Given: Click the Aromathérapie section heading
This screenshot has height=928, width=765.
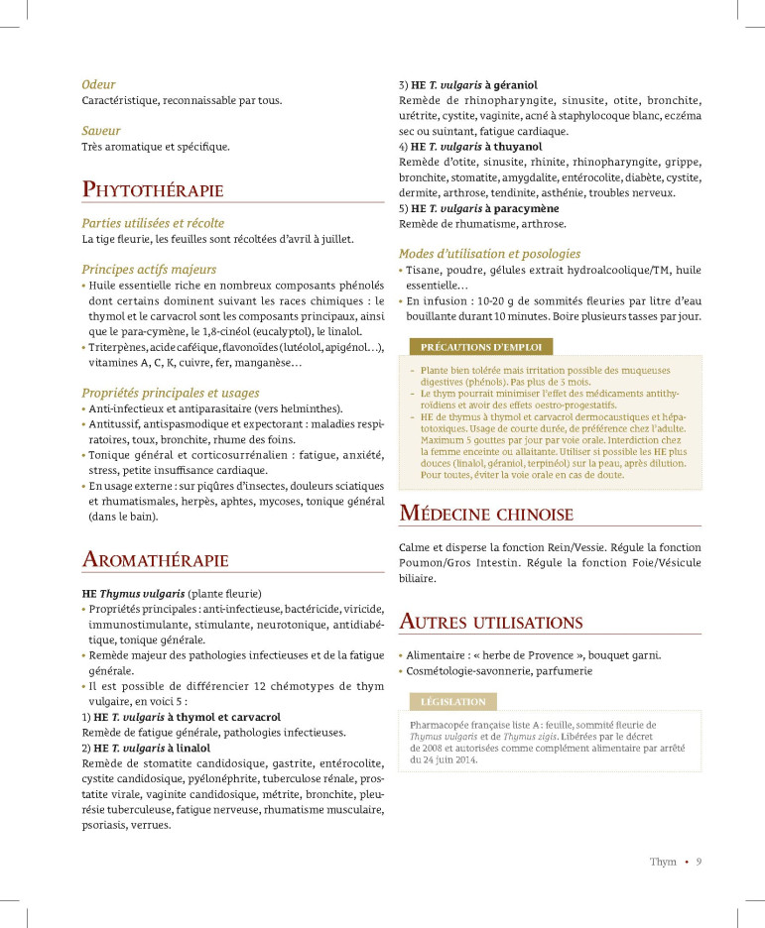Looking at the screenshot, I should click(x=156, y=560).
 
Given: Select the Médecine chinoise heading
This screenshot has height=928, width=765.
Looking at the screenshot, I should click(x=486, y=514).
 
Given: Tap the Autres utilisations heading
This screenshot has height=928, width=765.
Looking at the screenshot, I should click(x=490, y=623).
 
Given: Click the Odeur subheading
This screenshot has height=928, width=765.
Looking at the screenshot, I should click(x=98, y=84).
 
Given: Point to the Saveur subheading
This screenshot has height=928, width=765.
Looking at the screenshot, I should click(x=101, y=130).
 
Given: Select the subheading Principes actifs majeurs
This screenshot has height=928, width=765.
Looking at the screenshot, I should click(x=149, y=269).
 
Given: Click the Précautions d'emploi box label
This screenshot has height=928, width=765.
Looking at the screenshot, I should click(x=475, y=347).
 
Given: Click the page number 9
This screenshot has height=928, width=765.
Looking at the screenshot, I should click(x=699, y=862).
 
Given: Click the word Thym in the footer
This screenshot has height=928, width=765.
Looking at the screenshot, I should click(x=663, y=862).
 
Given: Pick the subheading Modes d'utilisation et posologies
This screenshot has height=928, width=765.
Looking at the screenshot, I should click(x=489, y=254).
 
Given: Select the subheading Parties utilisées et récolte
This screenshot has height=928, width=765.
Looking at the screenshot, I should click(x=153, y=223).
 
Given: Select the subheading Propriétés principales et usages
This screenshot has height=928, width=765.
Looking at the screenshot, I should click(x=170, y=393).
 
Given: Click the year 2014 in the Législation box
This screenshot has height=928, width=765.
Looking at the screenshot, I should click(x=463, y=760).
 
